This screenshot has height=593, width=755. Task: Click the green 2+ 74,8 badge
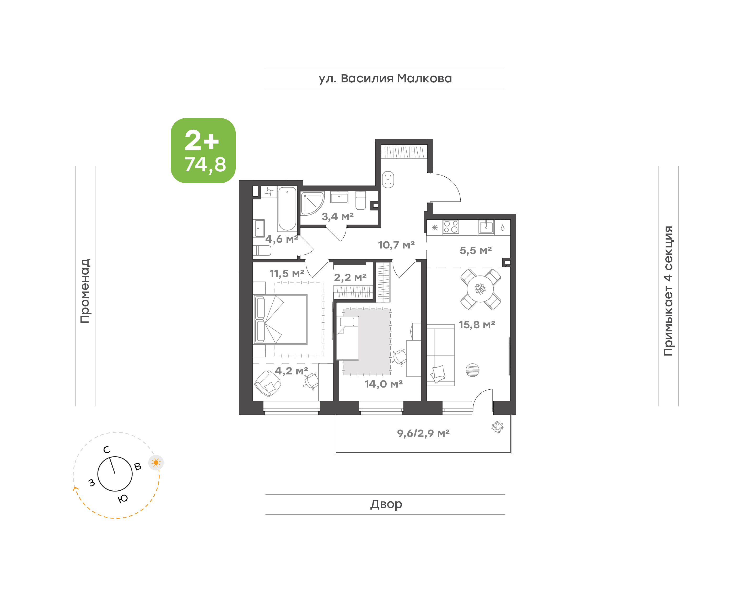tap(203, 150)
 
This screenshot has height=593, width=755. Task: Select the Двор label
tap(386, 504)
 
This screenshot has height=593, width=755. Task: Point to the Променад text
tap(85, 291)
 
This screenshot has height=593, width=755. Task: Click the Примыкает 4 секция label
tap(668, 291)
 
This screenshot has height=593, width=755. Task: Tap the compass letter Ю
tap(123, 499)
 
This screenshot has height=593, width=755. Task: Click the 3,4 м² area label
tap(337, 217)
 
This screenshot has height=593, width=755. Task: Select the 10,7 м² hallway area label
tap(396, 245)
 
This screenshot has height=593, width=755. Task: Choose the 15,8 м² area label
tap(477, 325)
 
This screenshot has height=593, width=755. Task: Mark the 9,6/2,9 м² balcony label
tap(423, 433)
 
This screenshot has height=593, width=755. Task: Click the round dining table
tap(480, 289)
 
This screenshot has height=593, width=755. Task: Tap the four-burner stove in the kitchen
tap(451, 227)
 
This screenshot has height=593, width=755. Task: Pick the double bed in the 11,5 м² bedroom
tap(281, 319)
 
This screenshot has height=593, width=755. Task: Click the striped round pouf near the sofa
tap(472, 370)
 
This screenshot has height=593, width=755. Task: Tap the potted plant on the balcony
tap(497, 427)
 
